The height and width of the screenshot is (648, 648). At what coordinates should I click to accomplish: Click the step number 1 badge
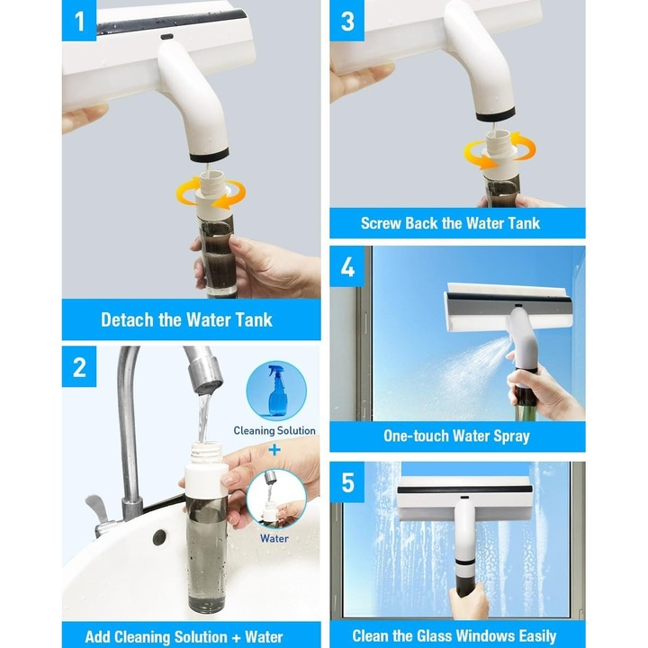79,20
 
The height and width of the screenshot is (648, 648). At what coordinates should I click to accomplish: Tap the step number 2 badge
79,367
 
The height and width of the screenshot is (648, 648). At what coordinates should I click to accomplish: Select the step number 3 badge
347,20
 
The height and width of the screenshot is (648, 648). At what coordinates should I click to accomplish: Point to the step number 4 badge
347,267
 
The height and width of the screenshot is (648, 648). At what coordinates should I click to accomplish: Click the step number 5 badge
347,483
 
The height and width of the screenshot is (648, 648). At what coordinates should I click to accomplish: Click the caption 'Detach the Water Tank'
186,319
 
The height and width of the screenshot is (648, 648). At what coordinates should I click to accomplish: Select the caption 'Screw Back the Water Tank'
450,223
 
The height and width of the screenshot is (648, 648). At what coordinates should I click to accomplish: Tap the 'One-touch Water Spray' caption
456,436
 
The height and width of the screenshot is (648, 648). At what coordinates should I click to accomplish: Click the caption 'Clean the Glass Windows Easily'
454,636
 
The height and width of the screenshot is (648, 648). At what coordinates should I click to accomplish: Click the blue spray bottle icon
275,391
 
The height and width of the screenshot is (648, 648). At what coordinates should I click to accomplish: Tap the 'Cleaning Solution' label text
274,431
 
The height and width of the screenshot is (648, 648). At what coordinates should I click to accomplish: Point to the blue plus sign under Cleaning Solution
274,447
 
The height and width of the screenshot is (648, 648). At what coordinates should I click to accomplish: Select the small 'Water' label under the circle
274,538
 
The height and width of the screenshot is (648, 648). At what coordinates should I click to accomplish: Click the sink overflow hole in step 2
159,537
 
